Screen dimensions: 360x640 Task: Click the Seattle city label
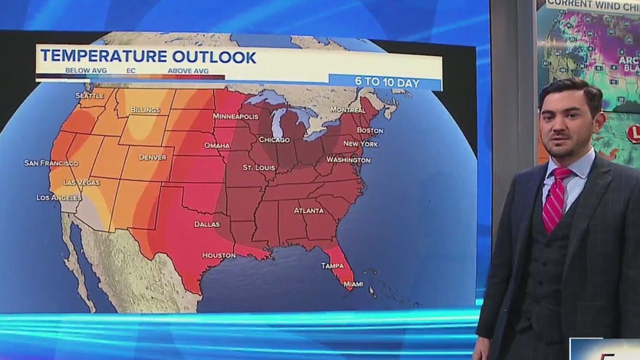pyautogui.click(x=89, y=95)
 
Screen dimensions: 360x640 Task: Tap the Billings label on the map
pyautogui.click(x=145, y=110)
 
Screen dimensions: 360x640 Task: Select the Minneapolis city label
pyautogui.click(x=235, y=116)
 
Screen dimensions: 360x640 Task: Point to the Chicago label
pyautogui.click(x=274, y=140)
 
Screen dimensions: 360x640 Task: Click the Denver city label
pyautogui.click(x=152, y=157)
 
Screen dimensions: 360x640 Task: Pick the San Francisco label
pyautogui.click(x=51, y=163)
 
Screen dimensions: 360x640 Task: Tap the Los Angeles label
pyautogui.click(x=59, y=197)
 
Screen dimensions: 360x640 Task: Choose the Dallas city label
pyautogui.click(x=207, y=224)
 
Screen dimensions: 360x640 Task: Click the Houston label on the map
pyautogui.click(x=218, y=255)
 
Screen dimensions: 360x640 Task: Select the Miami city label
pyautogui.click(x=353, y=284)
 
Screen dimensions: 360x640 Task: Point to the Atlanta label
pyautogui.click(x=308, y=210)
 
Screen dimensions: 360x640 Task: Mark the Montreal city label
pyautogui.click(x=347, y=109)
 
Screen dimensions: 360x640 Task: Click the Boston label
pyautogui.click(x=370, y=130)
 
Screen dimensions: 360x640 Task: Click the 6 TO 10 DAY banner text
pyautogui.click(x=387, y=82)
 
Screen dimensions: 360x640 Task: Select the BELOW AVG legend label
pyautogui.click(x=86, y=71)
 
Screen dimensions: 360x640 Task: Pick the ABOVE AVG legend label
pyautogui.click(x=188, y=71)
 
